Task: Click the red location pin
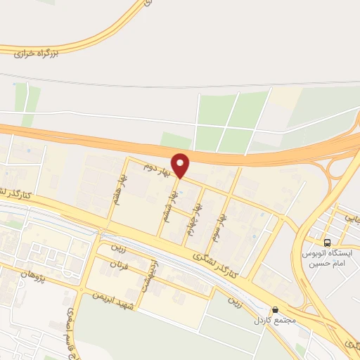(181, 166)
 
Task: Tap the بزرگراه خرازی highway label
(35, 51)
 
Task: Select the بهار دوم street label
(157, 167)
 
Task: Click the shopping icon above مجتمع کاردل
(275, 308)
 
